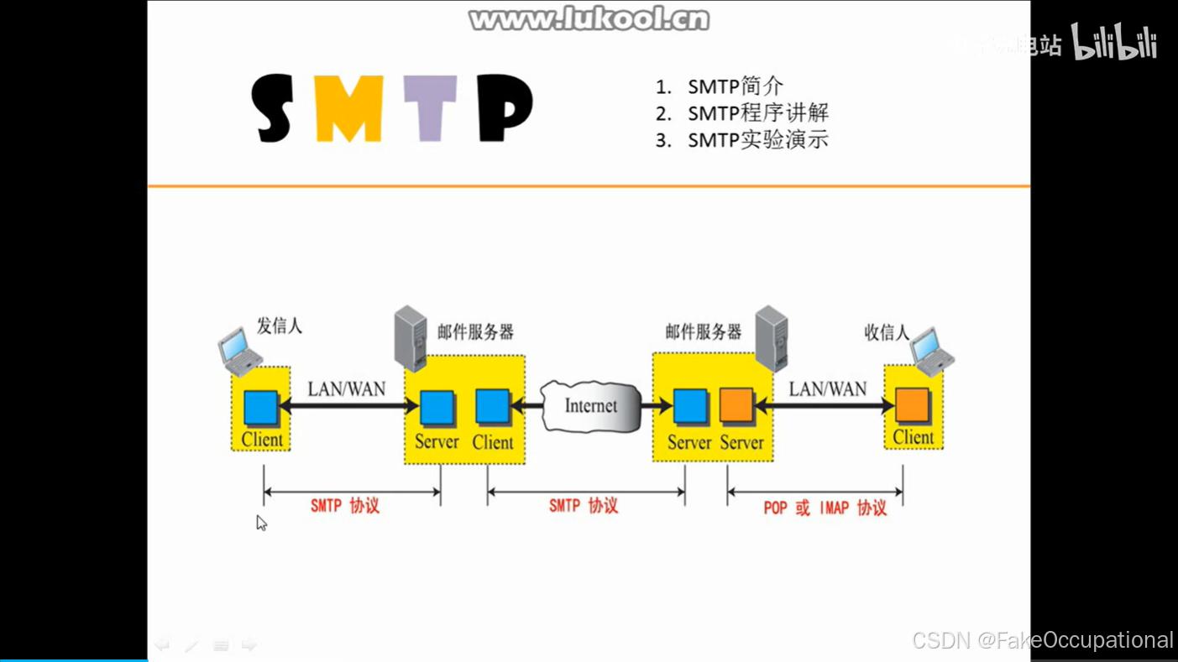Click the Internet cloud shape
pyautogui.click(x=590, y=406)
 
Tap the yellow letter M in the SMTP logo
pyautogui.click(x=349, y=107)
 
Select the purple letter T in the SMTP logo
pyautogui.click(x=430, y=107)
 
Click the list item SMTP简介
pyautogui.click(x=735, y=86)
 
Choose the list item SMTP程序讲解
pyautogui.click(x=757, y=113)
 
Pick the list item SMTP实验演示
pyautogui.click(x=757, y=140)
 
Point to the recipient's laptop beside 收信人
pyautogui.click(x=932, y=351)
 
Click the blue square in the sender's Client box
pyautogui.click(x=260, y=408)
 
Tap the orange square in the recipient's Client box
pyautogui.click(x=912, y=406)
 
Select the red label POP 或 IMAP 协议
pyautogui.click(x=825, y=508)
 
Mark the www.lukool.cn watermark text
pyautogui.click(x=589, y=18)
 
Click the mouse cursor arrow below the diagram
pyautogui.click(x=261, y=523)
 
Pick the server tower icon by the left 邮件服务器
pyautogui.click(x=411, y=338)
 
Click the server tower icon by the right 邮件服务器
pyautogui.click(x=771, y=338)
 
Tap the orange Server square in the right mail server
pyautogui.click(x=736, y=406)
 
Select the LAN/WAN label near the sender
pyautogui.click(x=346, y=389)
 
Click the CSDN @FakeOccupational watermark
pyautogui.click(x=1042, y=640)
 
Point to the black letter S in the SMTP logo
pyautogui.click(x=273, y=107)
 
